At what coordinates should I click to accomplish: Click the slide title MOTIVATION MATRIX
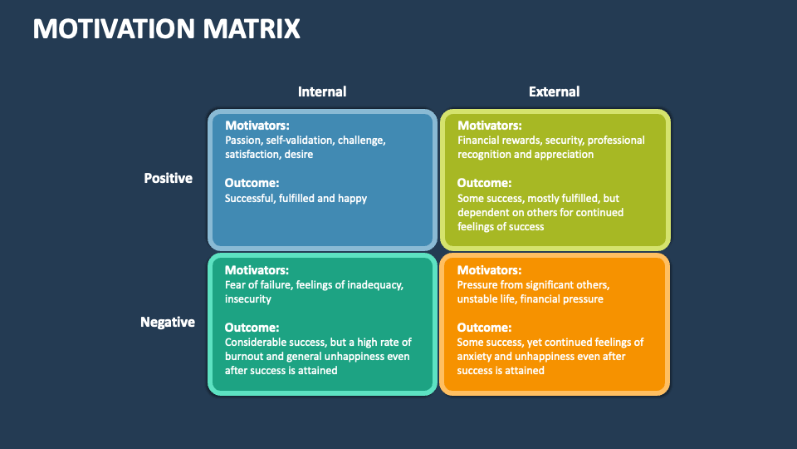166,29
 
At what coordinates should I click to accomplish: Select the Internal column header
322,91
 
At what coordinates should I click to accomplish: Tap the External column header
554,91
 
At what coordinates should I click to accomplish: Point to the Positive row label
168,178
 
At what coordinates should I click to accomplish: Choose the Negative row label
168,322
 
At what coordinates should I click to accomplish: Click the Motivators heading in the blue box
257,126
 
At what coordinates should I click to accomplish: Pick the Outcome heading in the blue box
252,183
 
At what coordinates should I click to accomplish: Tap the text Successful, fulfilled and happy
296,198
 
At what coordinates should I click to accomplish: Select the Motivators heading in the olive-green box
489,126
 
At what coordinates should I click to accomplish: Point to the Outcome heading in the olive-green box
484,183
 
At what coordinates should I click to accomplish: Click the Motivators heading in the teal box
257,270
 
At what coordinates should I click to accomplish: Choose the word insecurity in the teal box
248,299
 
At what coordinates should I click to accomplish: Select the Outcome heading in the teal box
252,328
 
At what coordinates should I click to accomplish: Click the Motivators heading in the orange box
489,270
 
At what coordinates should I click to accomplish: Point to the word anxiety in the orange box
476,356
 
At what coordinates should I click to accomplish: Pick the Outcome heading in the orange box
484,328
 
